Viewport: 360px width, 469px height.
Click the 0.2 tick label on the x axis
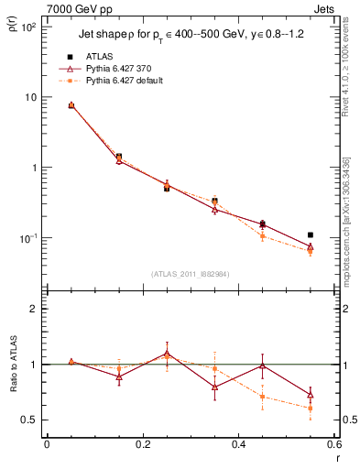tap(142, 445)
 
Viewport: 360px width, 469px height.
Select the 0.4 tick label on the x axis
tap(238, 445)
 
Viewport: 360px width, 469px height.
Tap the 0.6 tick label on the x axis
tap(333, 445)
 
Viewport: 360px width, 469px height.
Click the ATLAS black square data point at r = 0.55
tap(311, 235)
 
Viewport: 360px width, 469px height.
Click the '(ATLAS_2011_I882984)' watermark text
tap(190, 273)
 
